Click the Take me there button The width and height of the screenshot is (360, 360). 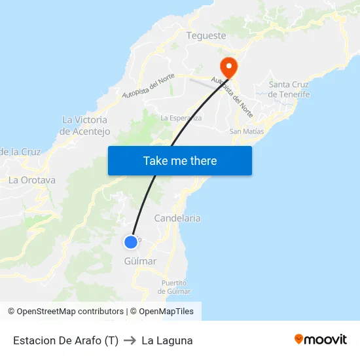(180, 160)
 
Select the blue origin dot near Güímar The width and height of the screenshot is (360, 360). (131, 242)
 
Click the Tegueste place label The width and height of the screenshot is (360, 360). (206, 36)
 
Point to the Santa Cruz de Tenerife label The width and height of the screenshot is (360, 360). (289, 89)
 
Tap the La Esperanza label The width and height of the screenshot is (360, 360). (181, 118)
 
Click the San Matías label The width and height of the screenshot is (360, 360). (247, 131)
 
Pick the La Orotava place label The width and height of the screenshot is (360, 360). (32, 180)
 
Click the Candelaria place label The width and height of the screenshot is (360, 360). (177, 218)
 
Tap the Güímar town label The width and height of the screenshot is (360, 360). (140, 261)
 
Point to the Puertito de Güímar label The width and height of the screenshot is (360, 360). (175, 287)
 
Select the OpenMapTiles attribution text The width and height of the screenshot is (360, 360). (166, 312)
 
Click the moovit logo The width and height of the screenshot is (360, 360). (321, 339)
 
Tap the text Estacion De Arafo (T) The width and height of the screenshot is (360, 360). (65, 340)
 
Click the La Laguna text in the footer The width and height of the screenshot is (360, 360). (167, 340)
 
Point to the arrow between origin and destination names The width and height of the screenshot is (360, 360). (130, 340)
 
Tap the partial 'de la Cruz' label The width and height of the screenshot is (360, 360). (20, 152)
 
